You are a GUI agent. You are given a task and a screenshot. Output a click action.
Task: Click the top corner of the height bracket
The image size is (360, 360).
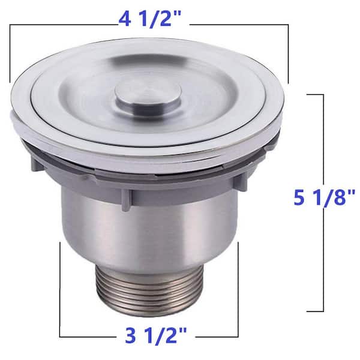(x=325, y=94)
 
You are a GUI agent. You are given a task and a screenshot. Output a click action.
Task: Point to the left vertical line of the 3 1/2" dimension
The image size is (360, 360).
(x=59, y=288)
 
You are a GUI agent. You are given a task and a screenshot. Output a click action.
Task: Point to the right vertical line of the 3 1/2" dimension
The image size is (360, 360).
(x=239, y=288)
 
